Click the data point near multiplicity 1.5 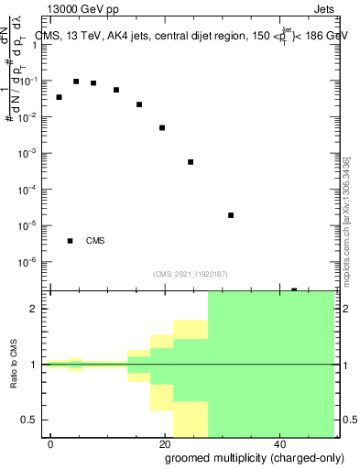pos(60,97)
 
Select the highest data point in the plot pos(76,82)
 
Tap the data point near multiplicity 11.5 pos(116,90)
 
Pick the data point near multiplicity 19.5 pos(162,127)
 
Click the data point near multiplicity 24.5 pos(191,162)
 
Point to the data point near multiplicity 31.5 pos(231,215)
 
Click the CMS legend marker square pos(71,241)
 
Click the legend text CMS pos(95,242)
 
